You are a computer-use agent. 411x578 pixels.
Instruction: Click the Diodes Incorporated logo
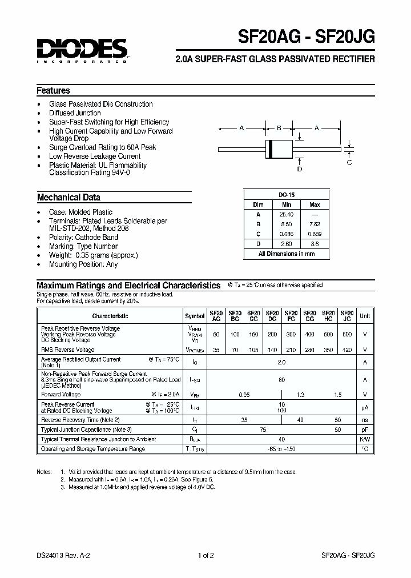click(x=82, y=50)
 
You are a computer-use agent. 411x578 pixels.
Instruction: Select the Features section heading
click(x=53, y=90)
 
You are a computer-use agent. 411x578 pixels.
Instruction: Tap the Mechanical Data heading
click(x=68, y=198)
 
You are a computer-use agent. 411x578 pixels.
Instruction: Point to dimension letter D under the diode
click(x=299, y=168)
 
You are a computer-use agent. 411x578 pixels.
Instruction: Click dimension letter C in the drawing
click(x=349, y=162)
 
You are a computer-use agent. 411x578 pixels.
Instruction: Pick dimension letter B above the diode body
click(x=279, y=128)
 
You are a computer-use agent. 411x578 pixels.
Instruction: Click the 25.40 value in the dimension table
click(x=287, y=214)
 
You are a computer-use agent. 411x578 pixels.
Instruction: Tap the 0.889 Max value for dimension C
click(x=315, y=234)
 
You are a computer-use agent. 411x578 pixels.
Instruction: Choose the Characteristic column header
click(x=110, y=316)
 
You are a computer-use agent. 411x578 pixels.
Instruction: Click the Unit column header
click(x=365, y=316)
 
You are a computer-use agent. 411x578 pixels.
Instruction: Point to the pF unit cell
click(x=365, y=430)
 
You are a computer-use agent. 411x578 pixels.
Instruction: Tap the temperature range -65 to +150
click(x=281, y=449)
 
